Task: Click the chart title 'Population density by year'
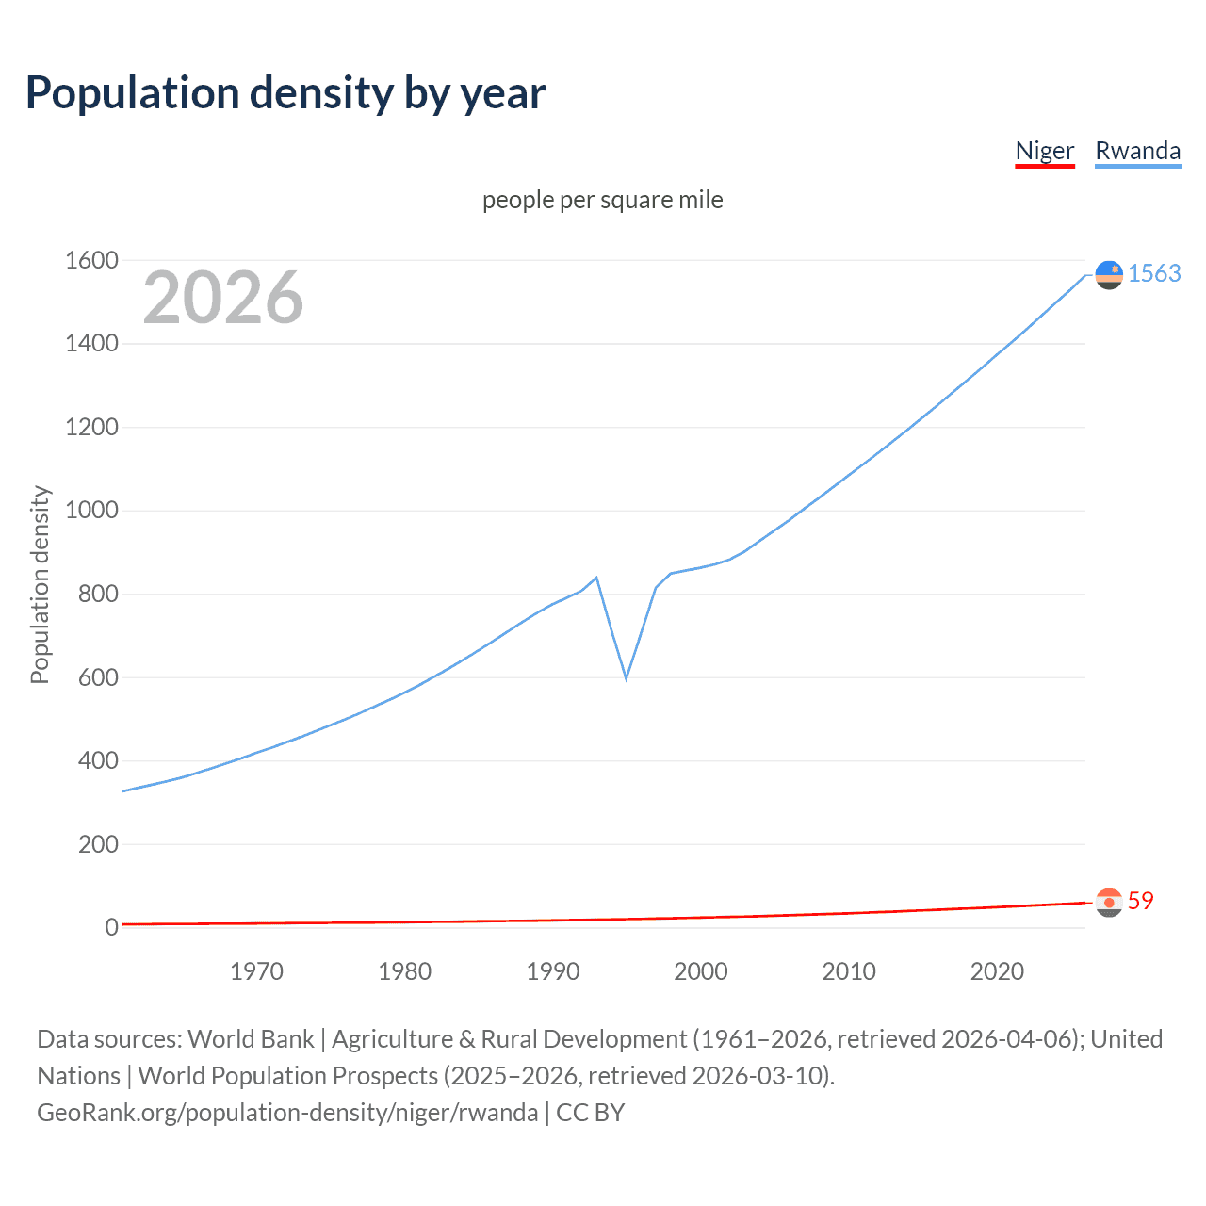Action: (x=285, y=93)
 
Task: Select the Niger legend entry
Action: (x=1045, y=151)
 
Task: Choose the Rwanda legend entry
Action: (x=1137, y=151)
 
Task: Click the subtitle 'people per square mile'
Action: (x=603, y=200)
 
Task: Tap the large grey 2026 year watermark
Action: (x=223, y=298)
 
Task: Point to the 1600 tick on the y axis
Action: (x=91, y=260)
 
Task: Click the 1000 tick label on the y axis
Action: (x=91, y=511)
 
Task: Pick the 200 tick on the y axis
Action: (x=98, y=844)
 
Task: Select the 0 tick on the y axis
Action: (x=111, y=927)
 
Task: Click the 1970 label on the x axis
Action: (x=256, y=971)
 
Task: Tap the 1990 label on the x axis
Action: (x=553, y=971)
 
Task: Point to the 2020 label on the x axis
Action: (x=997, y=971)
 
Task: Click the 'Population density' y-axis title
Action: (x=40, y=584)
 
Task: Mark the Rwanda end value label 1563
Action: (x=1154, y=273)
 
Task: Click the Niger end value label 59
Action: (x=1140, y=901)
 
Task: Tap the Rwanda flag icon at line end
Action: (x=1109, y=274)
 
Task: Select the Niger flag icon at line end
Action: (x=1109, y=903)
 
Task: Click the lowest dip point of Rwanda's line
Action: (x=626, y=678)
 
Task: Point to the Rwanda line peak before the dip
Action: (x=596, y=578)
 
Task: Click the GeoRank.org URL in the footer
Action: (x=287, y=1113)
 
